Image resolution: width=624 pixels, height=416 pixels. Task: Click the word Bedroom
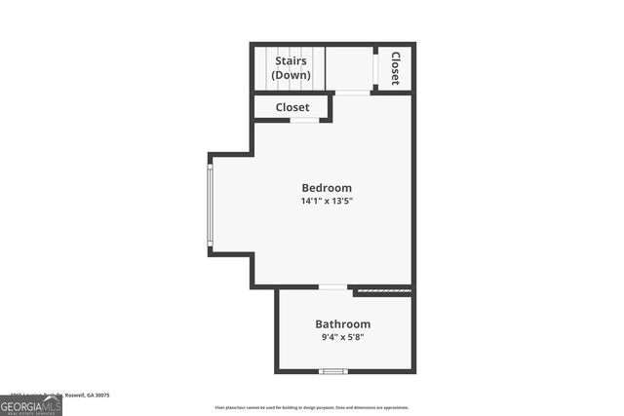pos(327,188)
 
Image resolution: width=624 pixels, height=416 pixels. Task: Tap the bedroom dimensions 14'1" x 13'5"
pos(327,202)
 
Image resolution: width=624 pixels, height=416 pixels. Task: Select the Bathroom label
pos(342,324)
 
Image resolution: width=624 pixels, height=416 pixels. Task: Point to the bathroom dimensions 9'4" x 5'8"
pos(342,338)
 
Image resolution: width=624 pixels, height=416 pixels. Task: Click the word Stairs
pos(291,61)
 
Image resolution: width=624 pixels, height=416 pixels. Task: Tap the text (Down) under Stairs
pos(291,75)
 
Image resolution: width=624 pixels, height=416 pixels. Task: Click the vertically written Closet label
pos(396,68)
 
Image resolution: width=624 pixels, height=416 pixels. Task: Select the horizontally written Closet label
pos(292,107)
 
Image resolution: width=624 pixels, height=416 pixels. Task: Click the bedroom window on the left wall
pos(210,205)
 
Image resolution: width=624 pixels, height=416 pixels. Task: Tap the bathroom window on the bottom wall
pos(333,371)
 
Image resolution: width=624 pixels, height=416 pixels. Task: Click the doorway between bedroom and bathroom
pos(333,287)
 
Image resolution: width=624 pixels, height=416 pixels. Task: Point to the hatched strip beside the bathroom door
pos(382,289)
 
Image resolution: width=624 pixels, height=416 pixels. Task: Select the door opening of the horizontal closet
pos(305,120)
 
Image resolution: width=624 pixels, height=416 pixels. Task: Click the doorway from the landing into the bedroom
pos(352,93)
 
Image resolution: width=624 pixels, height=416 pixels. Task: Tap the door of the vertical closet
pos(377,68)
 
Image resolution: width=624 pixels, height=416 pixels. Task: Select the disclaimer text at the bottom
pos(312,408)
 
